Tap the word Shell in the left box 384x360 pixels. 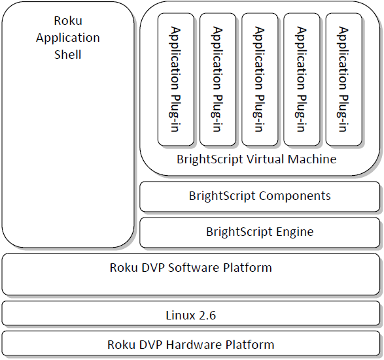68,54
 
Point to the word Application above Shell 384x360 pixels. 68,38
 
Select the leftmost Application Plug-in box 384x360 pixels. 175,79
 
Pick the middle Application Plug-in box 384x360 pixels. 260,79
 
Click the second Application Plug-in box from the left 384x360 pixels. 217,79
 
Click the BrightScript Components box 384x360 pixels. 260,197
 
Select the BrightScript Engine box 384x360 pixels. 260,233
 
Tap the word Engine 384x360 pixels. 294,232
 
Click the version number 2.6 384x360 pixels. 207,316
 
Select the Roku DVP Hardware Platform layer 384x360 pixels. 192,344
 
